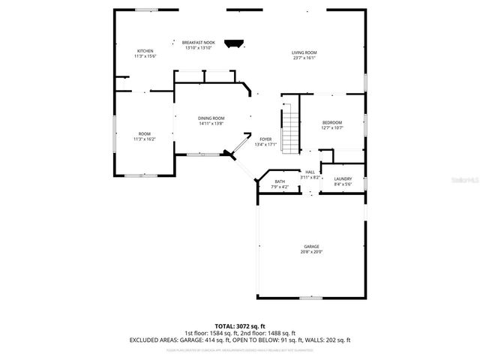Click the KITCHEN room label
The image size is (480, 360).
pyautogui.click(x=145, y=51)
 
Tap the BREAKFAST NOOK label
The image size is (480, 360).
pyautogui.click(x=198, y=43)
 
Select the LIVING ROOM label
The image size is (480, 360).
pyautogui.click(x=304, y=52)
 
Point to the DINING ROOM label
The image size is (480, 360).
pyautogui.click(x=211, y=118)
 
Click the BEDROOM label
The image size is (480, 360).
pyautogui.click(x=332, y=122)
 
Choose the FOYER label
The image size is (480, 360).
pyautogui.click(x=265, y=139)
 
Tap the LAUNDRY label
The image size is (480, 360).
pyautogui.click(x=343, y=178)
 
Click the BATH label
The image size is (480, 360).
pyautogui.click(x=280, y=181)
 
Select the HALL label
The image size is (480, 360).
pyautogui.click(x=310, y=172)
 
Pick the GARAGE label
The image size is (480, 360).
pyautogui.click(x=311, y=247)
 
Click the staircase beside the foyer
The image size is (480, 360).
pyautogui.click(x=289, y=129)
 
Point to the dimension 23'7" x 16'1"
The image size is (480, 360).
pyautogui.click(x=304, y=57)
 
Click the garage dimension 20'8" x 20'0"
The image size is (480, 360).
pyautogui.click(x=311, y=252)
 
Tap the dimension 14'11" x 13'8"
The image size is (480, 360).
pyautogui.click(x=211, y=123)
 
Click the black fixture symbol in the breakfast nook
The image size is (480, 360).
pyautogui.click(x=237, y=44)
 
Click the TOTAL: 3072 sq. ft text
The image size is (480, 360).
pyautogui.click(x=240, y=326)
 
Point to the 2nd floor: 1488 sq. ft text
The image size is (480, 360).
pyautogui.click(x=268, y=333)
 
